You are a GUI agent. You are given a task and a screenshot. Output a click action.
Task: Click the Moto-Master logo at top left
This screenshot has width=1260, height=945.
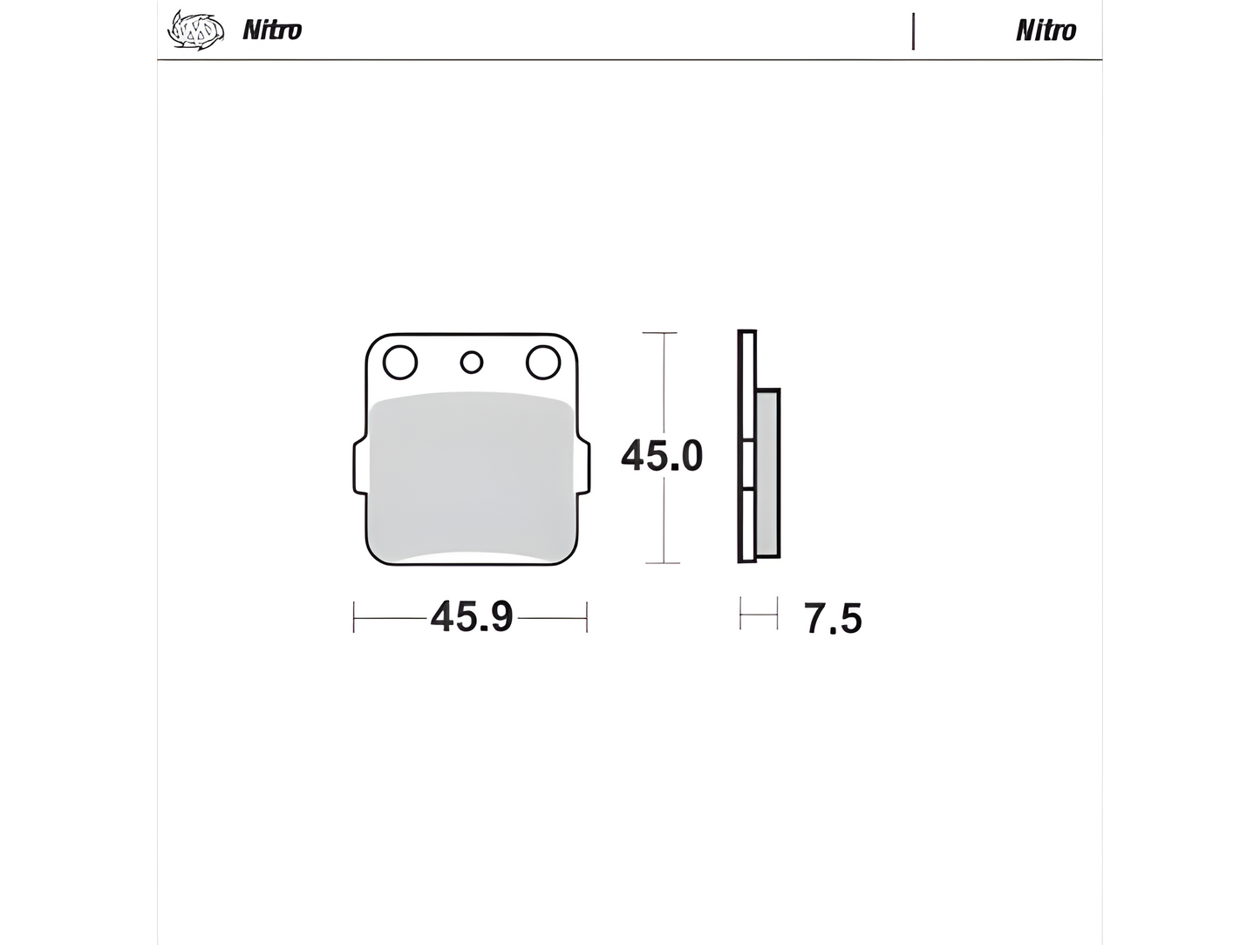point(195,30)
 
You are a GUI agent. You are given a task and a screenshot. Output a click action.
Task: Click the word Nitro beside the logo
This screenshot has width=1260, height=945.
point(272,31)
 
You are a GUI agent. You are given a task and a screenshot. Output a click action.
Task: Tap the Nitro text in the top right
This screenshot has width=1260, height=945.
point(1045,31)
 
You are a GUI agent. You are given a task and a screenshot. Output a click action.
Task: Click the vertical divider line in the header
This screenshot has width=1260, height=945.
point(913,31)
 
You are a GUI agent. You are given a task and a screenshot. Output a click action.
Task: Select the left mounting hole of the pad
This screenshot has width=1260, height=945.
point(400,362)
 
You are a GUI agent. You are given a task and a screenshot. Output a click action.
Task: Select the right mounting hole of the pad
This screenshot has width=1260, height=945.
point(542,362)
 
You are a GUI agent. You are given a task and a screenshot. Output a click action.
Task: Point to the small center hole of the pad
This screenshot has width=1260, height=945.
point(472,362)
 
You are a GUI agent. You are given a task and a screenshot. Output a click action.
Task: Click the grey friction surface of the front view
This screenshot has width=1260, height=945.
point(471,475)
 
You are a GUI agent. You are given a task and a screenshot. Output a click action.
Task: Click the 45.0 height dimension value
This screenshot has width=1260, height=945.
point(662,456)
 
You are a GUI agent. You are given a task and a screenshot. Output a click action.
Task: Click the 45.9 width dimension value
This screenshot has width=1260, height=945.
point(471,617)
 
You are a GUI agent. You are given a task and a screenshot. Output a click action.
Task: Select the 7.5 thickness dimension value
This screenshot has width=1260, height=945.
point(833,619)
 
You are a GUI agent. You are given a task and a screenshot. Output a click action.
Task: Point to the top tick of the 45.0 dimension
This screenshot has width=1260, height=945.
point(660,333)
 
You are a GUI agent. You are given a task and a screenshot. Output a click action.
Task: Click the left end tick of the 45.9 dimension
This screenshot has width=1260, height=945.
point(354,616)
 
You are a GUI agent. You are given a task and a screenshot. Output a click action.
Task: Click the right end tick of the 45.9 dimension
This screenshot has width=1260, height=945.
point(587,616)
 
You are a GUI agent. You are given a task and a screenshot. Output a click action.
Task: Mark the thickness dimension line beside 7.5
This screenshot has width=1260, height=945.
point(758,615)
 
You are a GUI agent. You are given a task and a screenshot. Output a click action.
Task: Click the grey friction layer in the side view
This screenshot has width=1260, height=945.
point(767,471)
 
